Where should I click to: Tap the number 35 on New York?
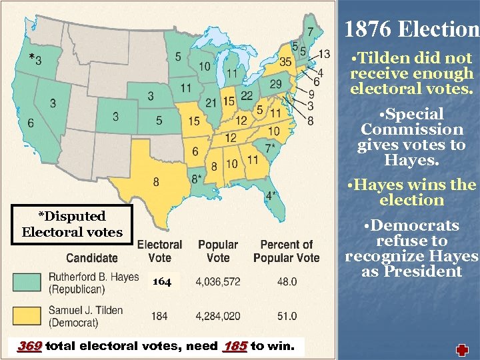tap(286, 62)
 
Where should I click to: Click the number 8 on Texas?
tap(156, 181)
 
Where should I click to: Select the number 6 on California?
tap(31, 123)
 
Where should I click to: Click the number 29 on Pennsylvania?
tap(275, 83)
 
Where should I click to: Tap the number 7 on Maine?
tap(311, 31)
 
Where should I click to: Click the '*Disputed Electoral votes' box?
tap(72, 224)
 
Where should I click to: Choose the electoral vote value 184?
tap(159, 315)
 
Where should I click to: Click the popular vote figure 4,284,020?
tap(218, 315)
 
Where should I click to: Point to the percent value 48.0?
tap(287, 282)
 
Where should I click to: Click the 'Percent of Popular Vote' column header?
tap(287, 251)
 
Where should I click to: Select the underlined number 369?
tap(29, 346)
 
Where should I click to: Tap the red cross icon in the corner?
tap(462, 351)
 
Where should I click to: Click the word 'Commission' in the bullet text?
tap(411, 129)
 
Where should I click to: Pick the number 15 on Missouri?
tap(193, 121)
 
